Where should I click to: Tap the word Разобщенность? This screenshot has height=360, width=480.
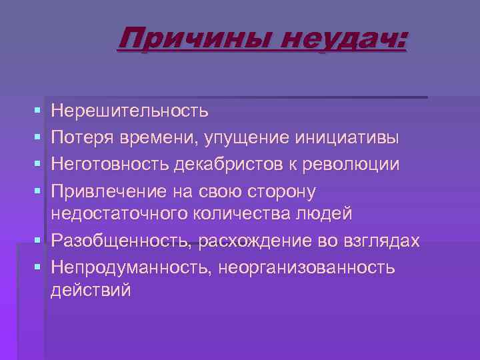tap(121, 241)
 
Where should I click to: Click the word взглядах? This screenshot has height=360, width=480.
tap(387, 241)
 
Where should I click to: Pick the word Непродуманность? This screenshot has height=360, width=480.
tap(126, 267)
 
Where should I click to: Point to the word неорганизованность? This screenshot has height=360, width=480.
tap(303, 267)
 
